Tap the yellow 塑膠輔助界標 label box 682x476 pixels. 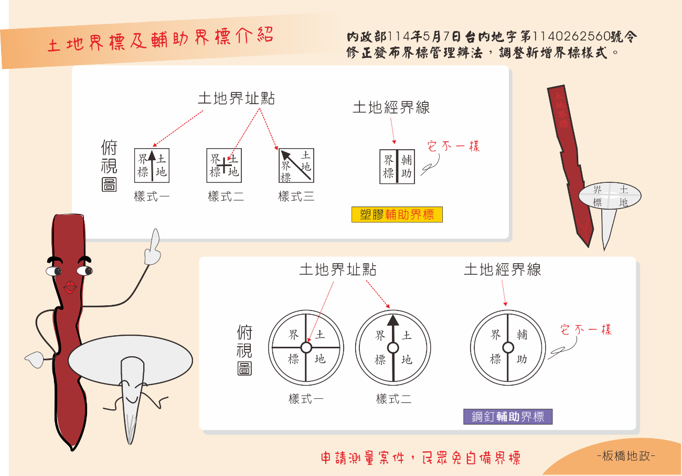click(397, 214)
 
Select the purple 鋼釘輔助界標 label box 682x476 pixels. click(508, 417)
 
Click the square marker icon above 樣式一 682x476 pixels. click(152, 165)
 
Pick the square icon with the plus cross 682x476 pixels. click(224, 165)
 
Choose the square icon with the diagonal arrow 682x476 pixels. click(296, 165)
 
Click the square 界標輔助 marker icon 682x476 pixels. click(397, 167)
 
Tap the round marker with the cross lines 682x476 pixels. click(306, 347)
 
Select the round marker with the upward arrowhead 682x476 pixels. click(393, 347)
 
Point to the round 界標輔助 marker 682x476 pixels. click(508, 347)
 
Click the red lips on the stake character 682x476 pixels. click(70, 287)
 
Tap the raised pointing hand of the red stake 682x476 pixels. click(152, 249)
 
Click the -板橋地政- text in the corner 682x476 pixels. click(626, 456)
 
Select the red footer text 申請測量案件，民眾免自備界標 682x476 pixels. click(421, 458)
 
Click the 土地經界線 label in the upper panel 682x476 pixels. click(391, 108)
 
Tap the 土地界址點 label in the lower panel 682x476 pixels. click(338, 270)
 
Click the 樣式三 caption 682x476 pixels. click(296, 197)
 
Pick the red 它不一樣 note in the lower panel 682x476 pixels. click(585, 330)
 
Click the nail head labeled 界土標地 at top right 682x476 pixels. click(610, 196)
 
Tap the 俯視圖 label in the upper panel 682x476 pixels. click(109, 167)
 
